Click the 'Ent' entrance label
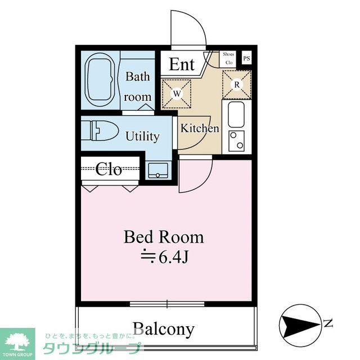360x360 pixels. (182, 64)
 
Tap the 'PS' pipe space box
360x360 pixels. (246, 58)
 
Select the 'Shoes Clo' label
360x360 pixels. (229, 58)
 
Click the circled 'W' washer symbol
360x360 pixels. (177, 93)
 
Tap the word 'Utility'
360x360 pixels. (142, 137)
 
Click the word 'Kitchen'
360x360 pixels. (199, 128)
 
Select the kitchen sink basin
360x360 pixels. (236, 114)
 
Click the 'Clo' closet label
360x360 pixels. (109, 169)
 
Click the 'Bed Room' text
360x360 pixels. (164, 237)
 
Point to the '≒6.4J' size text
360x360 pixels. (164, 257)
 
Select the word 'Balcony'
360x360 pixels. (163, 328)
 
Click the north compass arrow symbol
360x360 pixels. (299, 323)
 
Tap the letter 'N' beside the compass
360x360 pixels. (327, 323)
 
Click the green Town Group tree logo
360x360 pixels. (17, 341)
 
